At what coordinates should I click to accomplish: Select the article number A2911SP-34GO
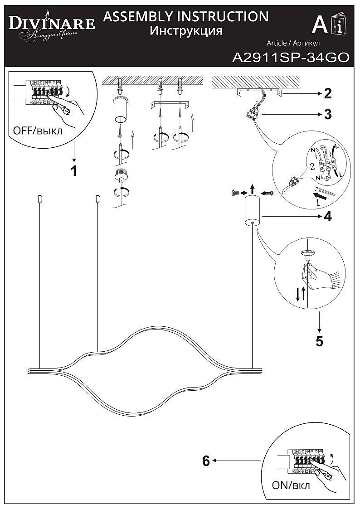tap(290, 58)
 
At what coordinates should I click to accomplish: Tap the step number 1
tap(73, 171)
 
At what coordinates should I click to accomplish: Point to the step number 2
tap(327, 94)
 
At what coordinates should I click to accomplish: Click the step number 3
tap(327, 114)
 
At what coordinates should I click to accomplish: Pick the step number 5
tap(320, 341)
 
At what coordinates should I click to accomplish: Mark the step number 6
tap(206, 461)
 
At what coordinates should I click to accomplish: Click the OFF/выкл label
tap(38, 131)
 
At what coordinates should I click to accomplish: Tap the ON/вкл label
tap(291, 486)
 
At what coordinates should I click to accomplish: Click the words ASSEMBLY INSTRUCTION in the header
tap(186, 17)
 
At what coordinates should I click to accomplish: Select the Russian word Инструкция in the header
tap(186, 31)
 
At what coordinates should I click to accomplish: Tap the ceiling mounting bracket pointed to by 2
tap(259, 93)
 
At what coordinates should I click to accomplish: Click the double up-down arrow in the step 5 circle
tap(300, 294)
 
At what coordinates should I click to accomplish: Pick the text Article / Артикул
tap(293, 43)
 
